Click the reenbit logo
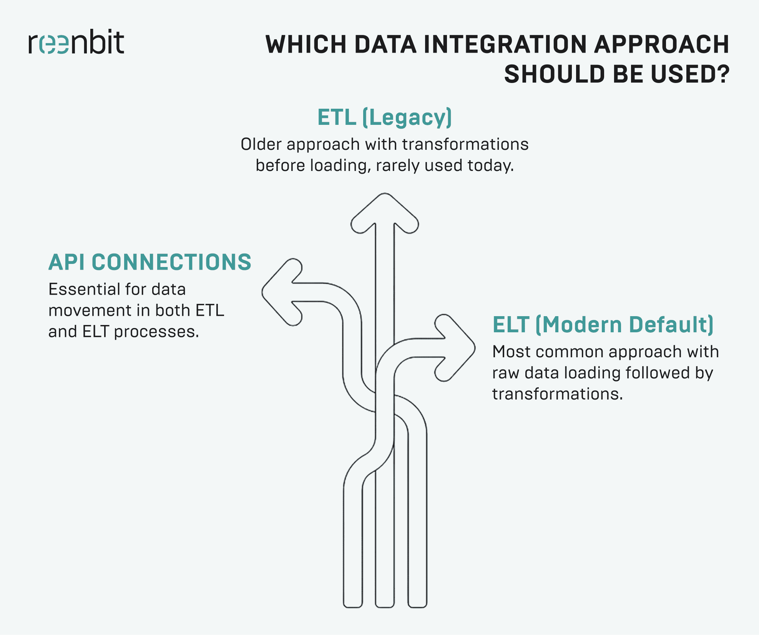pyautogui.click(x=76, y=42)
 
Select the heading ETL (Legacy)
pyautogui.click(x=384, y=117)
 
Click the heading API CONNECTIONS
pyautogui.click(x=149, y=262)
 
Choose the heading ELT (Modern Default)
pyautogui.click(x=603, y=325)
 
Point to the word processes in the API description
pyautogui.click(x=156, y=332)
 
